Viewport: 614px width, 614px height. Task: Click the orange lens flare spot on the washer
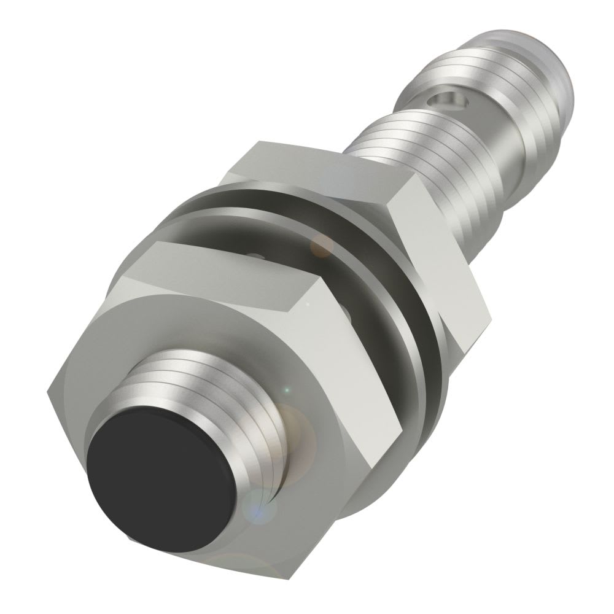(x=321, y=246)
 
